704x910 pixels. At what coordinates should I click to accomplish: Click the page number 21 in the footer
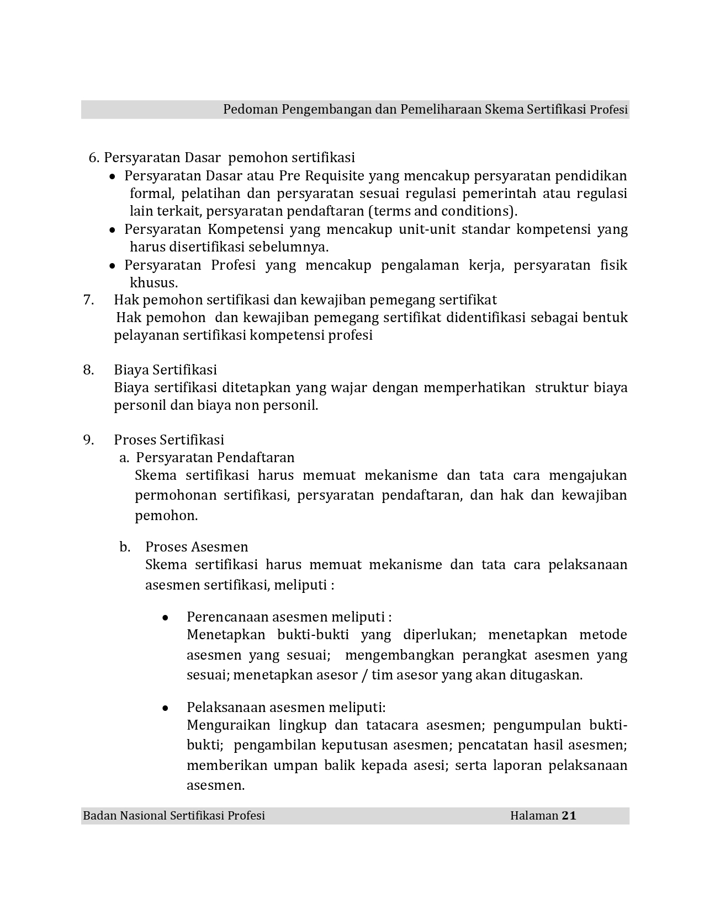coord(569,816)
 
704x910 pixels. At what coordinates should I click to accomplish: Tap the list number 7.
coord(88,299)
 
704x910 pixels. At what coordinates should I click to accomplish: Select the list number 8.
coord(88,370)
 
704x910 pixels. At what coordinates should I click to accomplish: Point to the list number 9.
coord(88,440)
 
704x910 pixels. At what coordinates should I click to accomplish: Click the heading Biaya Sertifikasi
coord(165,370)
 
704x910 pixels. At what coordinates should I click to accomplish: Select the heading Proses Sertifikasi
coord(169,440)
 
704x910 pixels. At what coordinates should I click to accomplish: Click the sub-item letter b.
coord(125,547)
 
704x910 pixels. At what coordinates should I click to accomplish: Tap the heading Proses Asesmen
coord(197,547)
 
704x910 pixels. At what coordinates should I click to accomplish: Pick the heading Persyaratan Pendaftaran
coord(215,457)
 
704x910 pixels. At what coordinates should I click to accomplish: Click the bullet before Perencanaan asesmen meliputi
coord(165,618)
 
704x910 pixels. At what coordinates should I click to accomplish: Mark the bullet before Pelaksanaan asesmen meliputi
coord(165,708)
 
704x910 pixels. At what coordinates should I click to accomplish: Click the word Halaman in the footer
coord(534,816)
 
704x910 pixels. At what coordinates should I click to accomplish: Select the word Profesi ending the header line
coord(608,110)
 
